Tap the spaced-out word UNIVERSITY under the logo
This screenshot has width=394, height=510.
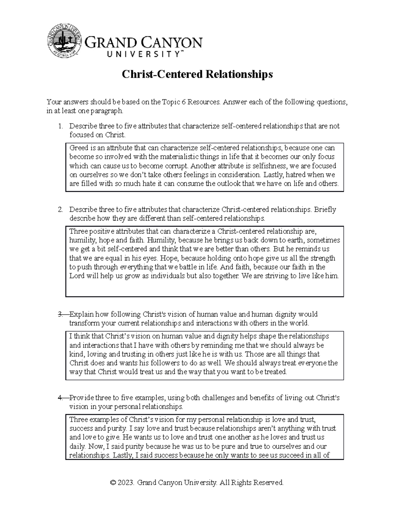[x=133, y=55]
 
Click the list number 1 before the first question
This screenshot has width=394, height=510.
[x=60, y=126]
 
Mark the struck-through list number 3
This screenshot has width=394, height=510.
[x=60, y=314]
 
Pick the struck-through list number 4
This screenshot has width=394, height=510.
[x=60, y=398]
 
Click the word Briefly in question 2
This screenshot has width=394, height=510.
[x=325, y=210]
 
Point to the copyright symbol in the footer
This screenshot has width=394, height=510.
[x=113, y=483]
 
